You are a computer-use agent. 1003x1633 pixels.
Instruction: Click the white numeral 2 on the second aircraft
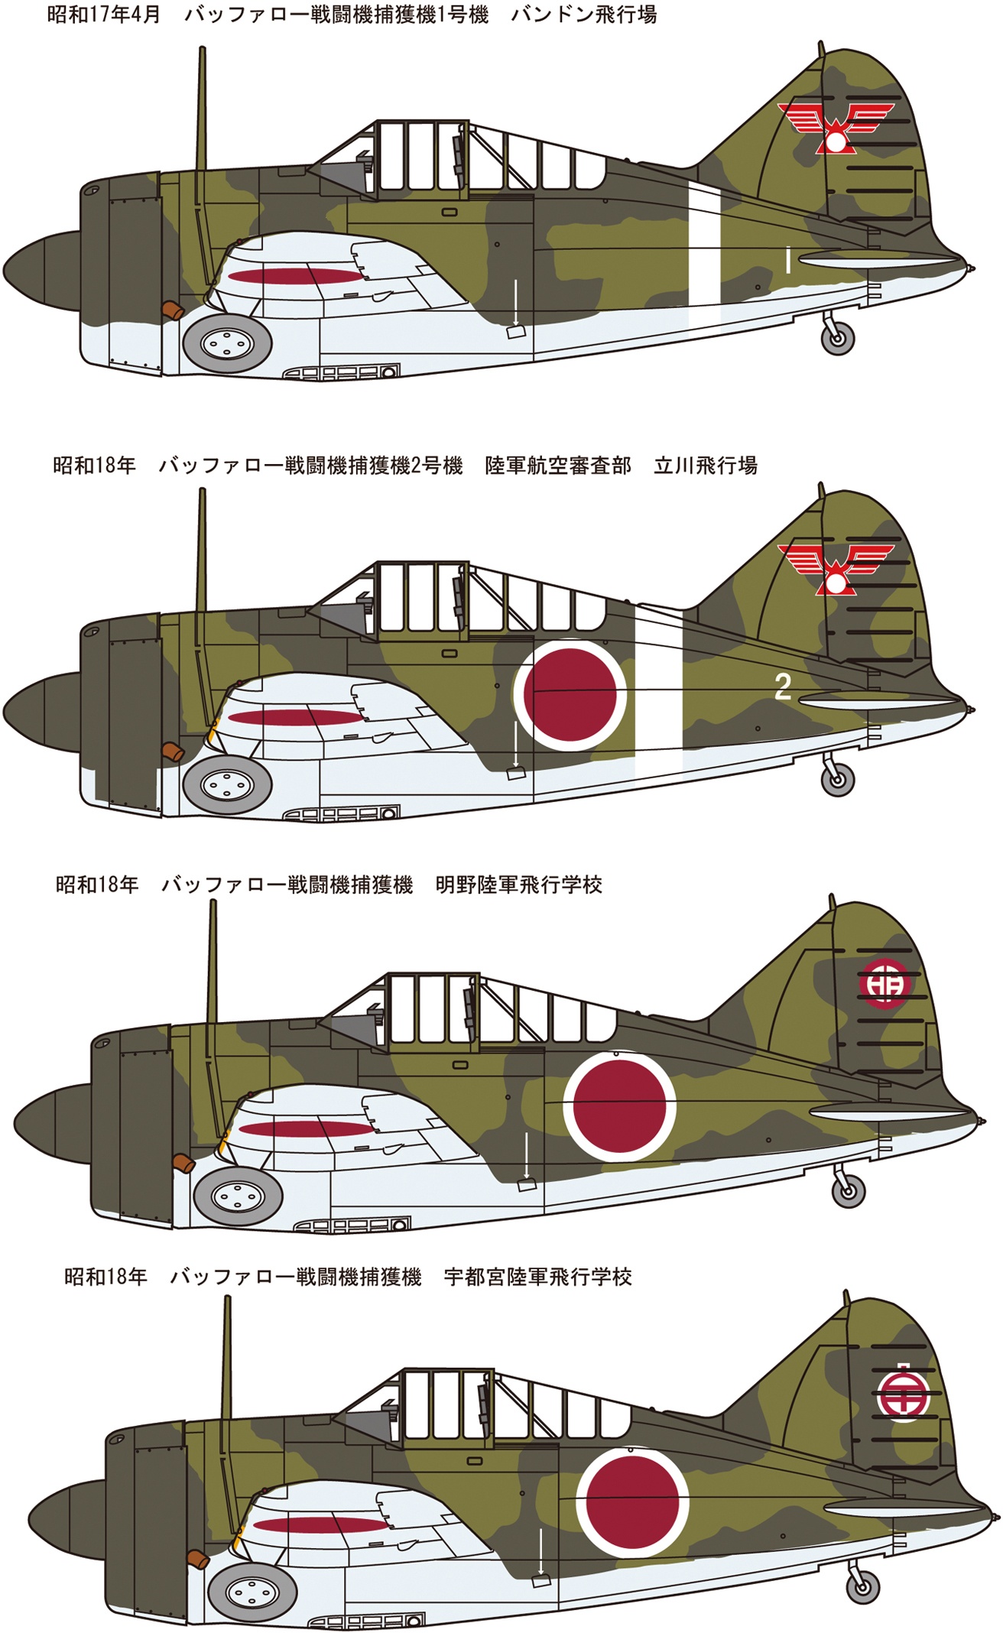782,687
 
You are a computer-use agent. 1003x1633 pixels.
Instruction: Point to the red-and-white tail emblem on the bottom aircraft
902,1394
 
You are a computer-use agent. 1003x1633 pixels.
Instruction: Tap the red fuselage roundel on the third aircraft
619,1105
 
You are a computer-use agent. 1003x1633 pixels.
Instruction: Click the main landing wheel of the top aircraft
228,344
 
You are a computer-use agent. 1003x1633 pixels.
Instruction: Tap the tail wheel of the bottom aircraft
862,1586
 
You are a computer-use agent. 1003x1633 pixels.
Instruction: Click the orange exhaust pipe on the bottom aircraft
196,1558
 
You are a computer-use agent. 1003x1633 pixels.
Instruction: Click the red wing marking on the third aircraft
307,1128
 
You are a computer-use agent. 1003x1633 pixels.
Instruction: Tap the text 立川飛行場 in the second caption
705,465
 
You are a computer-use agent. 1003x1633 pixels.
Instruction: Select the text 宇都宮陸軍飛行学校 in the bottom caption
537,1277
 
